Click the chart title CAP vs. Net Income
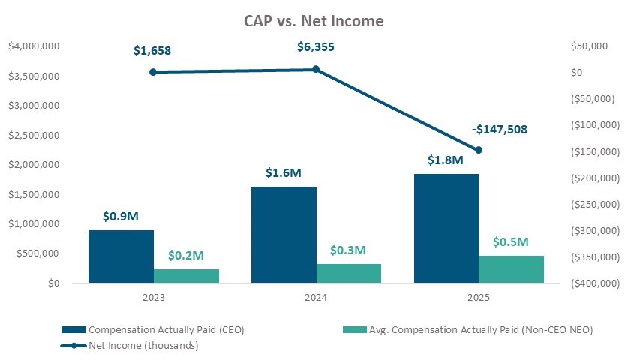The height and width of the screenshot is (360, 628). (x=314, y=21)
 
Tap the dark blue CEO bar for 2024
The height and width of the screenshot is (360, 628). (x=284, y=235)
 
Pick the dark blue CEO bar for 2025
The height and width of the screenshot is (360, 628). (x=446, y=228)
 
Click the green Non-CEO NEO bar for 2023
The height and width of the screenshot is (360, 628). (x=186, y=276)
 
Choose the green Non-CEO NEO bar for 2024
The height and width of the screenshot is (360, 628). (x=349, y=273)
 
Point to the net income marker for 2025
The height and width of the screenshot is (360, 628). (x=479, y=150)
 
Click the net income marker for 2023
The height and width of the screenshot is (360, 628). (x=153, y=72)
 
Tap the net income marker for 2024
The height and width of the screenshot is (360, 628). (x=316, y=69)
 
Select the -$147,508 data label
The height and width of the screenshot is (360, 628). (x=500, y=129)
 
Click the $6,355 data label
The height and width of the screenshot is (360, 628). (x=316, y=47)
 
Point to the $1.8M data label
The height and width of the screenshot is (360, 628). (x=446, y=160)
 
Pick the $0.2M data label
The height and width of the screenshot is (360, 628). (x=186, y=255)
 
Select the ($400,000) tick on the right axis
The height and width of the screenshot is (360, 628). (x=596, y=283)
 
